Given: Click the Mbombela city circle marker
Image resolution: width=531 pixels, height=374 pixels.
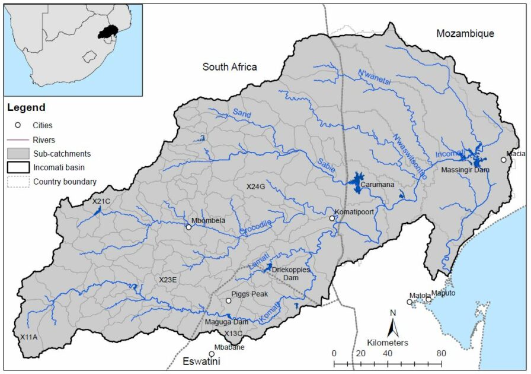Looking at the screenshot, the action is click(188, 227).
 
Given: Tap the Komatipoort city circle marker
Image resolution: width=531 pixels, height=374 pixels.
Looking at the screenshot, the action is click(332, 218).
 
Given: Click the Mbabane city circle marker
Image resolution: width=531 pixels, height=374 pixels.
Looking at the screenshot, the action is click(212, 354).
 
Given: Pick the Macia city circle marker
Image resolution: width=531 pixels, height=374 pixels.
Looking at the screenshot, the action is click(503, 159).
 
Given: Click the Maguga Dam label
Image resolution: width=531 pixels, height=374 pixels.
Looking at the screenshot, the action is click(226, 322).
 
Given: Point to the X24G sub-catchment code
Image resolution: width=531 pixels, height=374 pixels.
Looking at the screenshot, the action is click(257, 186).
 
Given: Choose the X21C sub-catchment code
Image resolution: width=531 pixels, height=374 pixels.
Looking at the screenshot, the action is click(101, 201).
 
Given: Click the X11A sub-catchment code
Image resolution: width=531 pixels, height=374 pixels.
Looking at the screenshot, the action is click(28, 337).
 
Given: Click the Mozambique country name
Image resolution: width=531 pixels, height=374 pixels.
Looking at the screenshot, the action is click(465, 33).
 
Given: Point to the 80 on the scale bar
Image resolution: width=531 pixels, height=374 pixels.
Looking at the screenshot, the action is click(441, 354).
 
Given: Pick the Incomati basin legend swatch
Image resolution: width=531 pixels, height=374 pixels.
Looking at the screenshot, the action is click(18, 167).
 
